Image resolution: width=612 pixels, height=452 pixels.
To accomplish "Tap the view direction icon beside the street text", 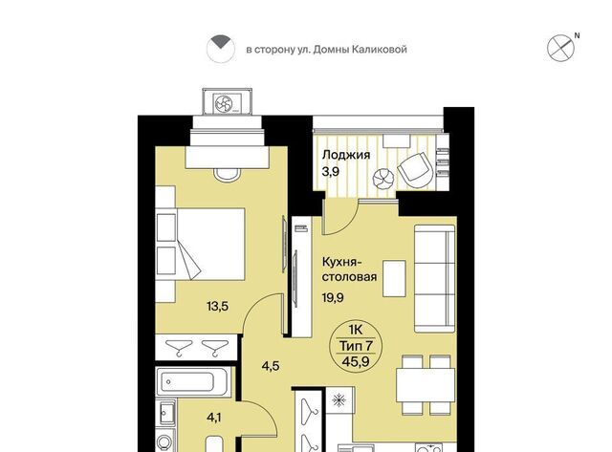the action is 221,49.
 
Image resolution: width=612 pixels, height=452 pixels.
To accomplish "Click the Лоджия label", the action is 346,155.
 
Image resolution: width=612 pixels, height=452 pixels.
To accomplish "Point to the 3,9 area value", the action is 331,172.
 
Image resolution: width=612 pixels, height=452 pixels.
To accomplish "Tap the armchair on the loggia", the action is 416,170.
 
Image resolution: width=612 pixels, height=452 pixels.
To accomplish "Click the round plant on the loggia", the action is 382,179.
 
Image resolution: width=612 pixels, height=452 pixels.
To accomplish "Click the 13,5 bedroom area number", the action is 217,307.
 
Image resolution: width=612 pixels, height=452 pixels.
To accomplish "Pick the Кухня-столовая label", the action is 349,269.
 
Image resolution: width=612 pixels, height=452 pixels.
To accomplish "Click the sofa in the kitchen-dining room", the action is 434,278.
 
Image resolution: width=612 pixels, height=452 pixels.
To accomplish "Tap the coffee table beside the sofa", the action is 394,278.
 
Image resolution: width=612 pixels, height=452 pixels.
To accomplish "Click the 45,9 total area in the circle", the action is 355,361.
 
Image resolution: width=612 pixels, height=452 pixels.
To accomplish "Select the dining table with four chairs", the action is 426,385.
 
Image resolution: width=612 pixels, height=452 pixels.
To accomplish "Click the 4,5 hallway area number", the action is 271,367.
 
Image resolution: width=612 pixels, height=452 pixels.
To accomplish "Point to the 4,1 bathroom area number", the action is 214,418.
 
